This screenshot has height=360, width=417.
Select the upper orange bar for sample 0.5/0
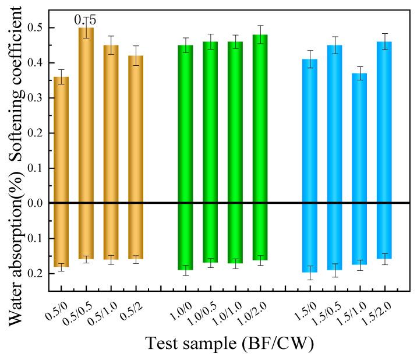click(x=61, y=140)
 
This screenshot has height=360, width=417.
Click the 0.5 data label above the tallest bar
click(x=85, y=20)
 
